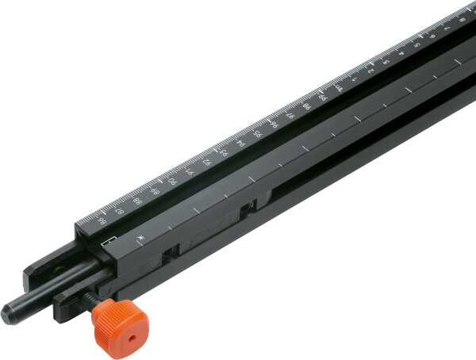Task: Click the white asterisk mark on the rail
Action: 139,239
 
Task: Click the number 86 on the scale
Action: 101,221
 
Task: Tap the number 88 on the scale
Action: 136,201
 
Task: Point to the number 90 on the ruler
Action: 172,182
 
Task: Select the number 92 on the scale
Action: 206,162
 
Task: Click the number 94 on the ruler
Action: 240,143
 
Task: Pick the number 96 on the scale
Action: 274,124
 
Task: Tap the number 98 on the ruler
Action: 307,105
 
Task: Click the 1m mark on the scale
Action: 339,87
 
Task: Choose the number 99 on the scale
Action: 323,96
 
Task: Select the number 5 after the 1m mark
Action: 417,44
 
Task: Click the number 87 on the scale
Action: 119,211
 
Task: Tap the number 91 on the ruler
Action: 190,171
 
